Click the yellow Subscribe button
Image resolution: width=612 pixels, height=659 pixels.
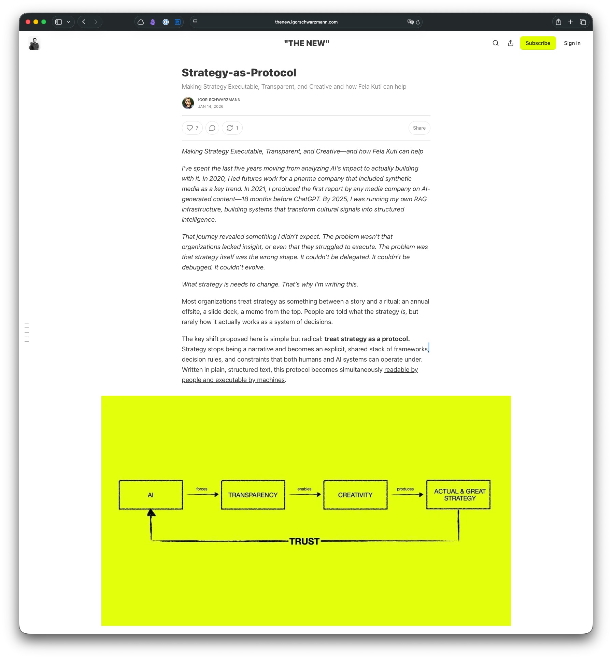pos(538,43)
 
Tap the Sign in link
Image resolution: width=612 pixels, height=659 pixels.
pos(572,43)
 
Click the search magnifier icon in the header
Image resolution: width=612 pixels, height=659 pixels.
pos(495,43)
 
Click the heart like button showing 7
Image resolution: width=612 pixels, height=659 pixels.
pos(192,128)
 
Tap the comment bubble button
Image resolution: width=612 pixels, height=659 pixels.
pos(212,128)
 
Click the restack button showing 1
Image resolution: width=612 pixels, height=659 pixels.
pos(232,128)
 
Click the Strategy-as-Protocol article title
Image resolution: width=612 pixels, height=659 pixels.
pos(239,73)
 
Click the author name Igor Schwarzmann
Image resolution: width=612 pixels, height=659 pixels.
pos(219,100)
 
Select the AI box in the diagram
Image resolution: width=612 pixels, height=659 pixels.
pos(151,495)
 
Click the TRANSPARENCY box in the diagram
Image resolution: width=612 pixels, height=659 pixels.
pos(253,495)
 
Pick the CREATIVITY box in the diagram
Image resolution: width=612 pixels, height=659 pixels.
pos(355,495)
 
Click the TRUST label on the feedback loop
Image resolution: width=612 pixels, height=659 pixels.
pos(304,541)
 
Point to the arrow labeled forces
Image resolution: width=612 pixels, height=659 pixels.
pos(202,494)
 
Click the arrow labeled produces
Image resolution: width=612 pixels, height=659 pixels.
pos(407,494)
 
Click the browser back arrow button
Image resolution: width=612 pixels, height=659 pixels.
pos(84,22)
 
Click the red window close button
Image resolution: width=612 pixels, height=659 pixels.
pos(28,22)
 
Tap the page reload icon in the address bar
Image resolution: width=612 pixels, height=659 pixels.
pos(418,22)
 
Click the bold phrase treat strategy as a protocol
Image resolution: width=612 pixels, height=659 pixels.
pos(367,339)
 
